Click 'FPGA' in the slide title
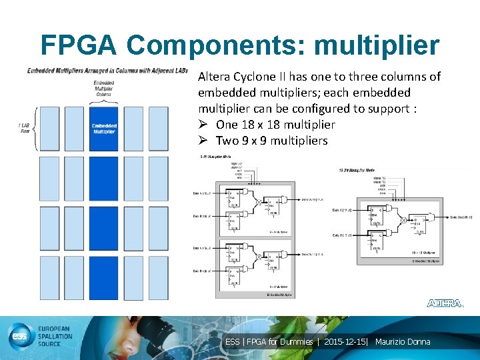click(x=79, y=45)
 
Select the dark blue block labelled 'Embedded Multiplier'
click(x=104, y=128)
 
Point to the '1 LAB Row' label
click(x=26, y=128)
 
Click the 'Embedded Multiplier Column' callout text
click(x=104, y=88)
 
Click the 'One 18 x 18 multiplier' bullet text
click(x=275, y=125)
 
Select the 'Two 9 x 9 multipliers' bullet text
click(x=271, y=141)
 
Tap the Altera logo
click(x=445, y=303)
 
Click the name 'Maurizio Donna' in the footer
click(x=403, y=342)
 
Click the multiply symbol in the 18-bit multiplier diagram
click(x=404, y=219)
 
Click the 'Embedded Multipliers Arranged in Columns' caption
click(x=107, y=71)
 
